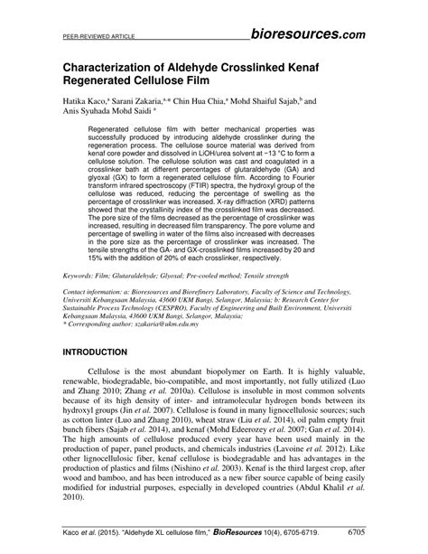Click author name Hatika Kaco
click(90, 103)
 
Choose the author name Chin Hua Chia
click(234, 103)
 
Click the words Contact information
click(97, 294)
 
